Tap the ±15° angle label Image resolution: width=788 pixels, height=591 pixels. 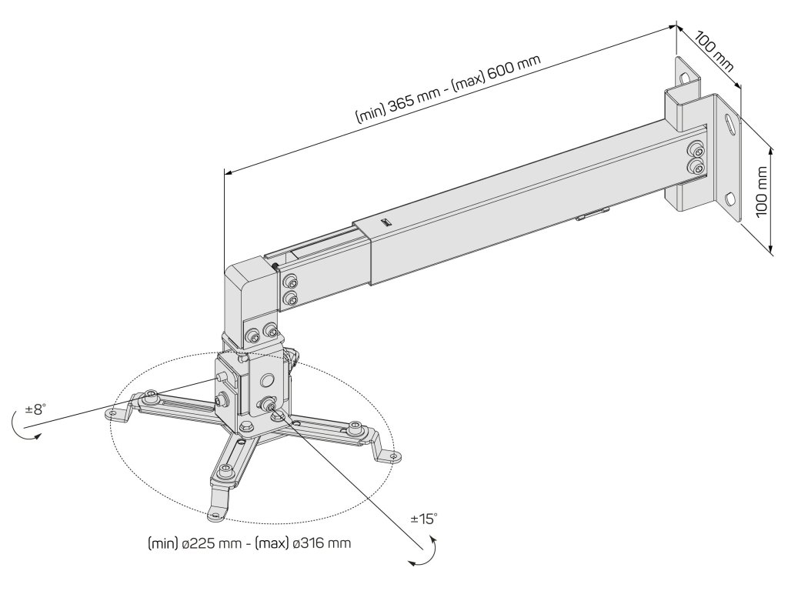point(425,519)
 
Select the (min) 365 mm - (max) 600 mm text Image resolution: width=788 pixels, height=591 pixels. point(447,89)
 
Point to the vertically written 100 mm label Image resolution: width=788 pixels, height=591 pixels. point(762,192)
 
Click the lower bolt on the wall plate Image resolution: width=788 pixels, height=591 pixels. point(696,169)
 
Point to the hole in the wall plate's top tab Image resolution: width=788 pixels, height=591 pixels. point(685,75)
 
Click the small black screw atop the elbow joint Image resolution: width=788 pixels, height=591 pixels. point(275,266)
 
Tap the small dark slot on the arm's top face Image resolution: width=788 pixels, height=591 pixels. point(386,222)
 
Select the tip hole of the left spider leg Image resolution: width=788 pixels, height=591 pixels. point(114,414)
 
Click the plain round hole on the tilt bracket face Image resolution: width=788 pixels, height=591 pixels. point(267,380)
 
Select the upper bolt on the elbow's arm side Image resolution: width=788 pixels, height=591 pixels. point(289,281)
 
